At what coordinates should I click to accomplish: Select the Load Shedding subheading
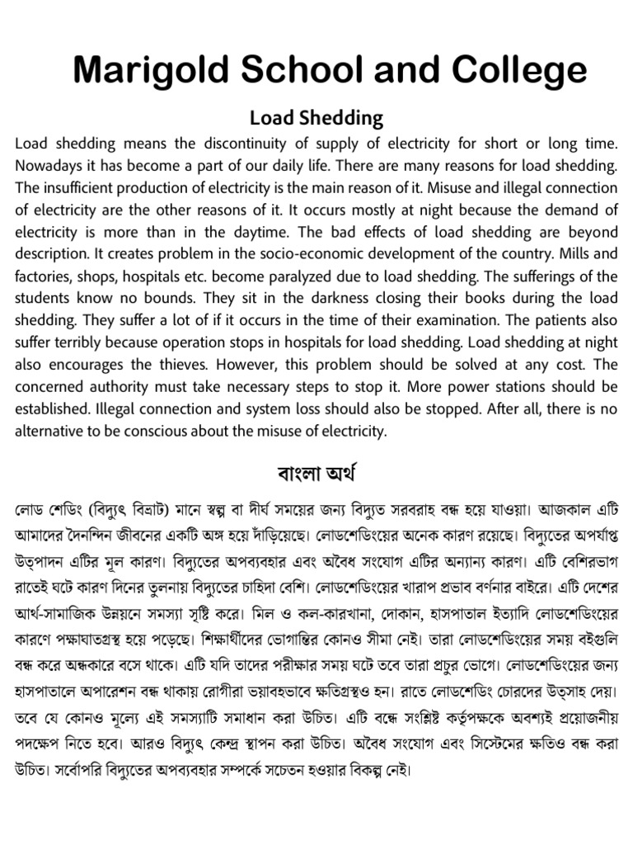tap(316, 118)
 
